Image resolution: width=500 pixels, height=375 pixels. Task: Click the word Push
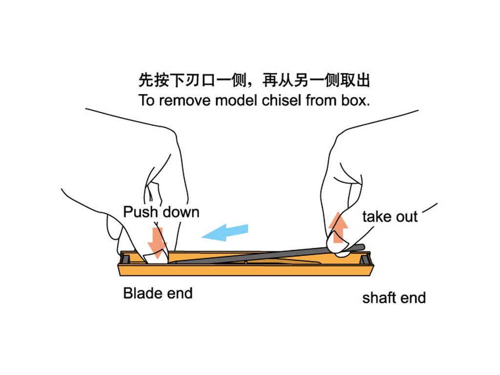(141, 212)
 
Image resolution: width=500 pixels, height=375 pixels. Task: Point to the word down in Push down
(180, 212)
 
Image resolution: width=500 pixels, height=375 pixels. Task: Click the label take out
(390, 216)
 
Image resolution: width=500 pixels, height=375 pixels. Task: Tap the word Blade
(142, 293)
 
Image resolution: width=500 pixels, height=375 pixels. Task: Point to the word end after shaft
(413, 297)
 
